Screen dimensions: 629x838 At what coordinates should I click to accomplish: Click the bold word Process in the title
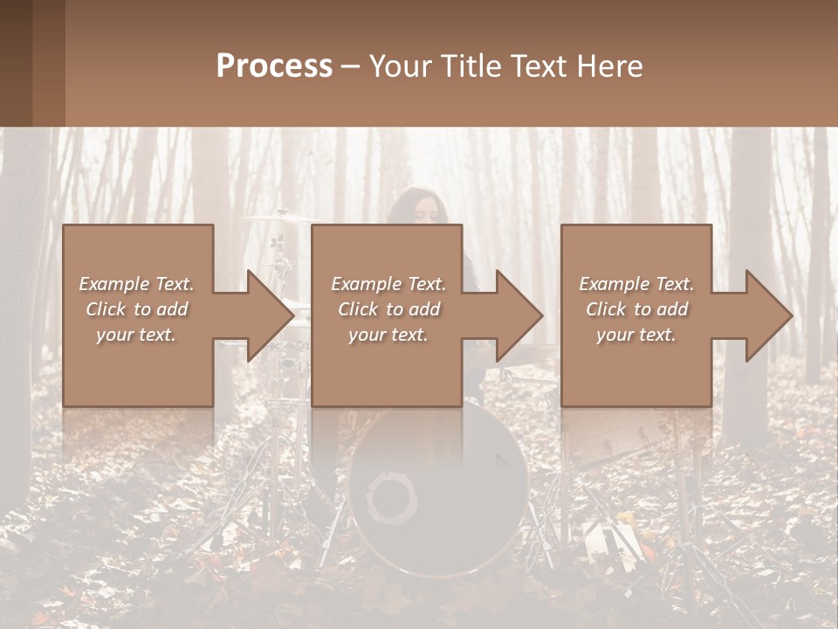click(274, 66)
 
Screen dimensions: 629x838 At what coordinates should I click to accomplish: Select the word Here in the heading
click(609, 66)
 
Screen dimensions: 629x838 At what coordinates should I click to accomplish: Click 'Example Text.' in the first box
click(136, 284)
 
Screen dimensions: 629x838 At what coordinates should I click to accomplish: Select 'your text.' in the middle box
click(388, 335)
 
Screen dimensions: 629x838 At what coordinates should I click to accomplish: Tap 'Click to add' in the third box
click(636, 309)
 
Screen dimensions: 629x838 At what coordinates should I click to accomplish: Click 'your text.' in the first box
click(136, 335)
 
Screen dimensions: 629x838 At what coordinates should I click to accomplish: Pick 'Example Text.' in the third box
click(636, 284)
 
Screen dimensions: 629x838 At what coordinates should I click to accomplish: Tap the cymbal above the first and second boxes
click(279, 217)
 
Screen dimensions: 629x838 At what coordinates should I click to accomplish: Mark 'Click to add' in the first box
click(136, 309)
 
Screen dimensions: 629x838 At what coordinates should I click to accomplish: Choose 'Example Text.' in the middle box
click(388, 284)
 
